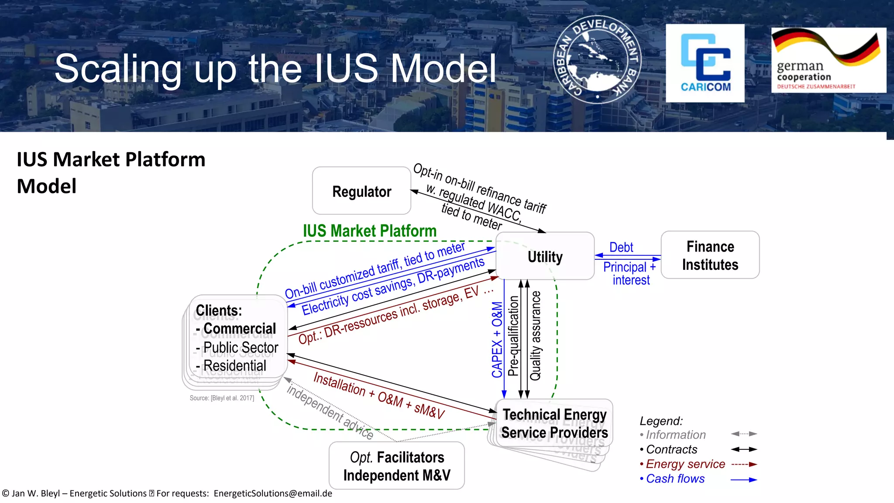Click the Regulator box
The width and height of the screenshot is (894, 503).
coord(361,191)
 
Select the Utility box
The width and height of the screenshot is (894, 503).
coord(545,256)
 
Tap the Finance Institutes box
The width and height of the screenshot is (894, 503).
coord(710,255)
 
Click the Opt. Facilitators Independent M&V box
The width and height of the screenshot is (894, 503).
coord(396,466)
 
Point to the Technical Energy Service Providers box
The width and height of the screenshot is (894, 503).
coord(554,423)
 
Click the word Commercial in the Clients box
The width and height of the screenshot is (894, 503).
coord(239,328)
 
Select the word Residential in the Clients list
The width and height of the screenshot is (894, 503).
coord(234,365)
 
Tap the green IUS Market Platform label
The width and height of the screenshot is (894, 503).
coord(369,231)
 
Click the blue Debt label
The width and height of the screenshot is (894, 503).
coord(621,247)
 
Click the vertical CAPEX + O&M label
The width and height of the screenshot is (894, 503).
coord(497,339)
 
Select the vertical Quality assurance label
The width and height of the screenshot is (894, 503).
coord(536,335)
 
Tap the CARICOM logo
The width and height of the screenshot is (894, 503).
coord(705,63)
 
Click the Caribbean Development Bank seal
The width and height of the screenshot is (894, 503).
coord(597,59)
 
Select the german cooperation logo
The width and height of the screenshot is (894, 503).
coord(828,60)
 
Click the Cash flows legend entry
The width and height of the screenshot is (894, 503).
coord(675,479)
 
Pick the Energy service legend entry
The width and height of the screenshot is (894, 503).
coord(685,464)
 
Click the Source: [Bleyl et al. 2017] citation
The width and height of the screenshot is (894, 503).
coord(222,398)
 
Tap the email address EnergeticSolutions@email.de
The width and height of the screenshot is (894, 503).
coord(273,493)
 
